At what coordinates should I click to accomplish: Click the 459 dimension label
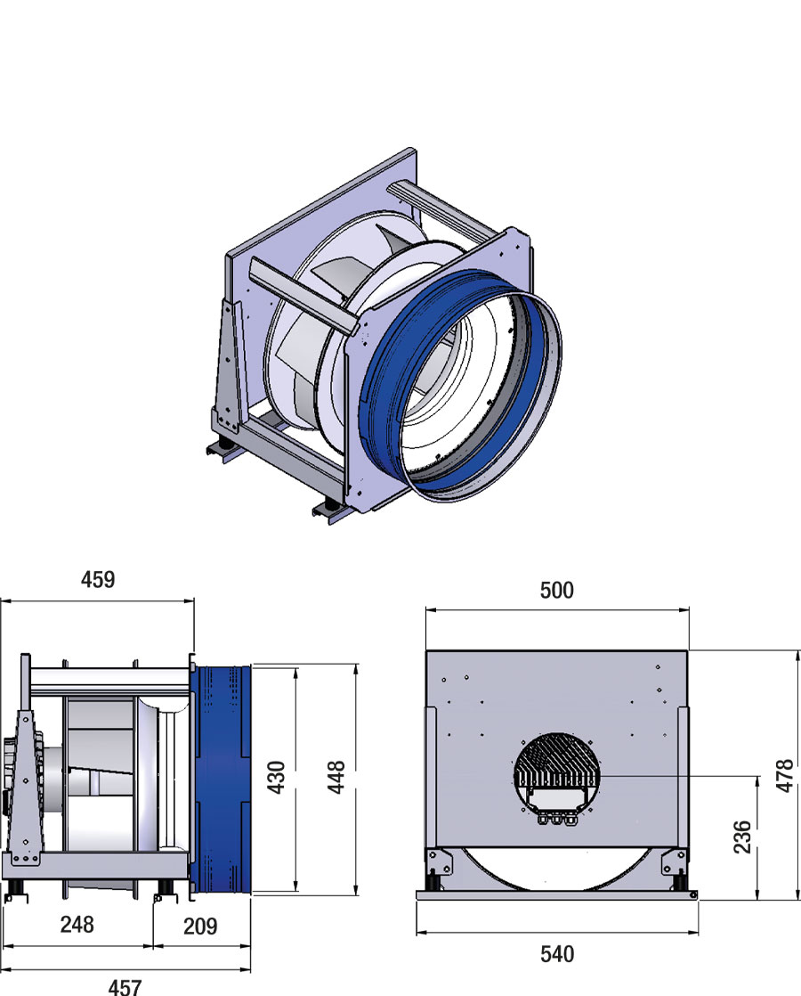98,579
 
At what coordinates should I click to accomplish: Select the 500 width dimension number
557,590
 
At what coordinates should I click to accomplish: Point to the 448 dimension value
336,778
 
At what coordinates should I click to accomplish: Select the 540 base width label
557,954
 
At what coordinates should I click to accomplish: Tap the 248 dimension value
77,924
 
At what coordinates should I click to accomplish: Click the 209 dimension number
200,926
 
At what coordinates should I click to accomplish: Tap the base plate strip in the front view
557,895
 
